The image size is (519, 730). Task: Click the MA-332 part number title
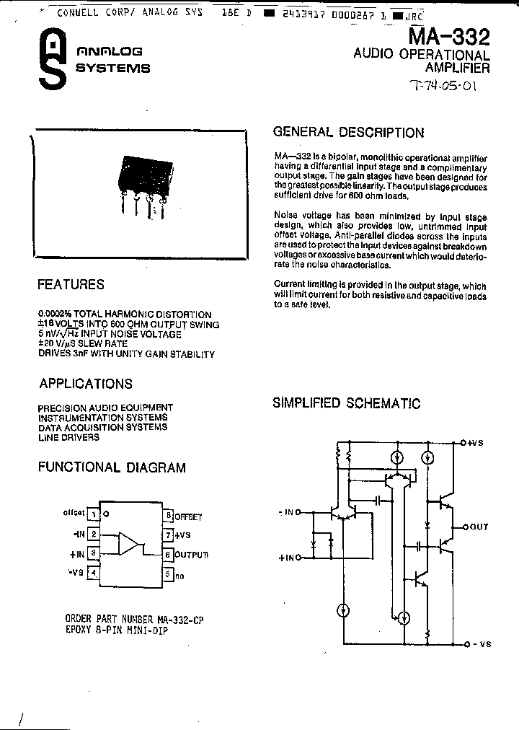(449, 37)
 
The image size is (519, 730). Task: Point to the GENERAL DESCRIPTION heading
(348, 133)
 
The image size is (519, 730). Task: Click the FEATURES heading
(71, 285)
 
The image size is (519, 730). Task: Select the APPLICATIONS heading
(86, 384)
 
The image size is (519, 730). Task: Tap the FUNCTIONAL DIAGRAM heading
(112, 467)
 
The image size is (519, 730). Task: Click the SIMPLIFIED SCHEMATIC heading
(346, 403)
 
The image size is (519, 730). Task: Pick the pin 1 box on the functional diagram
(94, 514)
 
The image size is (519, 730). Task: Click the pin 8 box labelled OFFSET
(168, 516)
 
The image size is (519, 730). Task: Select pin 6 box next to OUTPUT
(168, 555)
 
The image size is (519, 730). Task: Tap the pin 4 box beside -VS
(94, 573)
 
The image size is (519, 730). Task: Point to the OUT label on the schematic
(479, 527)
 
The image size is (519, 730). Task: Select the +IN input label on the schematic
(286, 558)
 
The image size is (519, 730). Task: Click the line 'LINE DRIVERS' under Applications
(69, 437)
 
